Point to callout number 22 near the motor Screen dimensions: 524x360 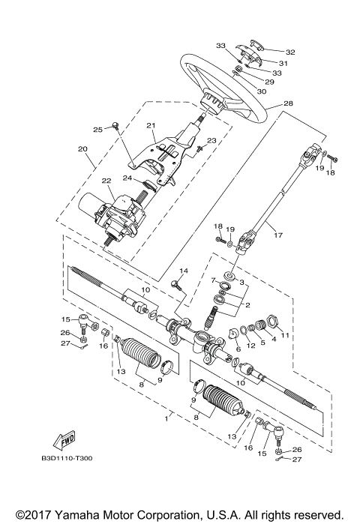pyautogui.click(x=106, y=181)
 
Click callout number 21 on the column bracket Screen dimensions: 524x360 pyautogui.click(x=150, y=125)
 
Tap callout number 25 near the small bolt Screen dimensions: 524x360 pyautogui.click(x=98, y=129)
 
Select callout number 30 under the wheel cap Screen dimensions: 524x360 pyautogui.click(x=262, y=91)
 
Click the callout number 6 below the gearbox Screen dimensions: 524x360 pyautogui.click(x=238, y=349)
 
